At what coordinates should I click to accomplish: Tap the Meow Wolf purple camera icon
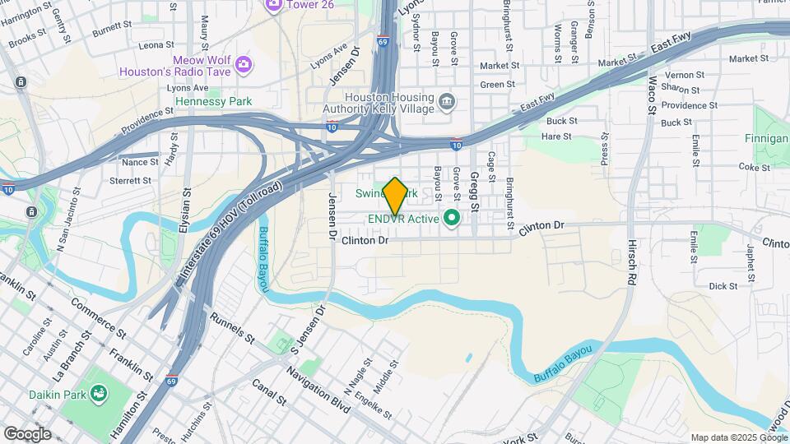(x=243, y=64)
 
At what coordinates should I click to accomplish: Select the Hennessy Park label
(x=214, y=101)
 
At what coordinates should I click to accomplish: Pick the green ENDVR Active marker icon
(x=451, y=219)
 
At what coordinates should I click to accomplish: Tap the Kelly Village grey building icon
(x=447, y=101)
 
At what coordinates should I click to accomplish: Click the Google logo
(x=27, y=433)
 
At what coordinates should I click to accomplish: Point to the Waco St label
(x=652, y=95)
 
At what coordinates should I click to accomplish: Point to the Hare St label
(x=557, y=136)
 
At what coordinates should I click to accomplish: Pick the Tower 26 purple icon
(x=273, y=5)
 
